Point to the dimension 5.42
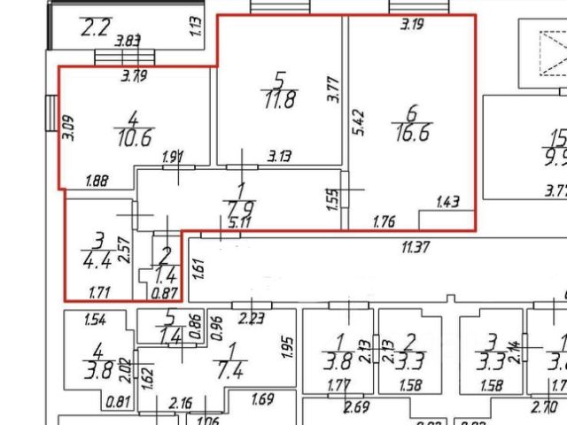coord(355,121)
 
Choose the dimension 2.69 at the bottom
coord(357,407)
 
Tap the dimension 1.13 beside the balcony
coord(197,27)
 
